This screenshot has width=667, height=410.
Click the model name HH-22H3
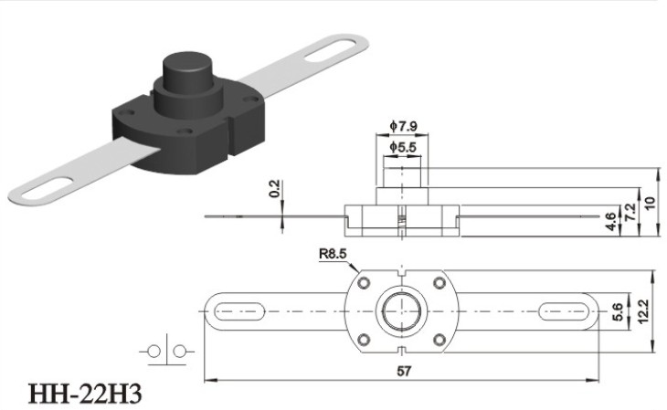point(84,394)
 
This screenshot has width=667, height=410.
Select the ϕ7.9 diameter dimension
point(403,126)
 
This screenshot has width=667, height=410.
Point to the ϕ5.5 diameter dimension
point(403,147)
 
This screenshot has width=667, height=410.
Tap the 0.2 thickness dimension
point(275,189)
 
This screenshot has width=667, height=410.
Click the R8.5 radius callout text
point(333,254)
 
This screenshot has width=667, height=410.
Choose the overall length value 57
point(404,371)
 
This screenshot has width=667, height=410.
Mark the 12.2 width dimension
point(642,311)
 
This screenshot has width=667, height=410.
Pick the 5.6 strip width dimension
point(618,311)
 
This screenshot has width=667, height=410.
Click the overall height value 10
point(650,203)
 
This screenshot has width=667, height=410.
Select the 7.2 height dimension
point(630,211)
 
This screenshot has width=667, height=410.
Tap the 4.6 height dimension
point(611,222)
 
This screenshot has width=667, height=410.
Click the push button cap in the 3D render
point(187,75)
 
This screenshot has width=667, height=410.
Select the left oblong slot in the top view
point(239,311)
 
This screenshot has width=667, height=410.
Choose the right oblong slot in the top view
point(564,311)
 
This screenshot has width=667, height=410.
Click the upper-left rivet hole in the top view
point(364,283)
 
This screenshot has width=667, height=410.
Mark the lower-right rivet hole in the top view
point(439,340)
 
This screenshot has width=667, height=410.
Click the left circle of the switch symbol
point(154,352)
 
